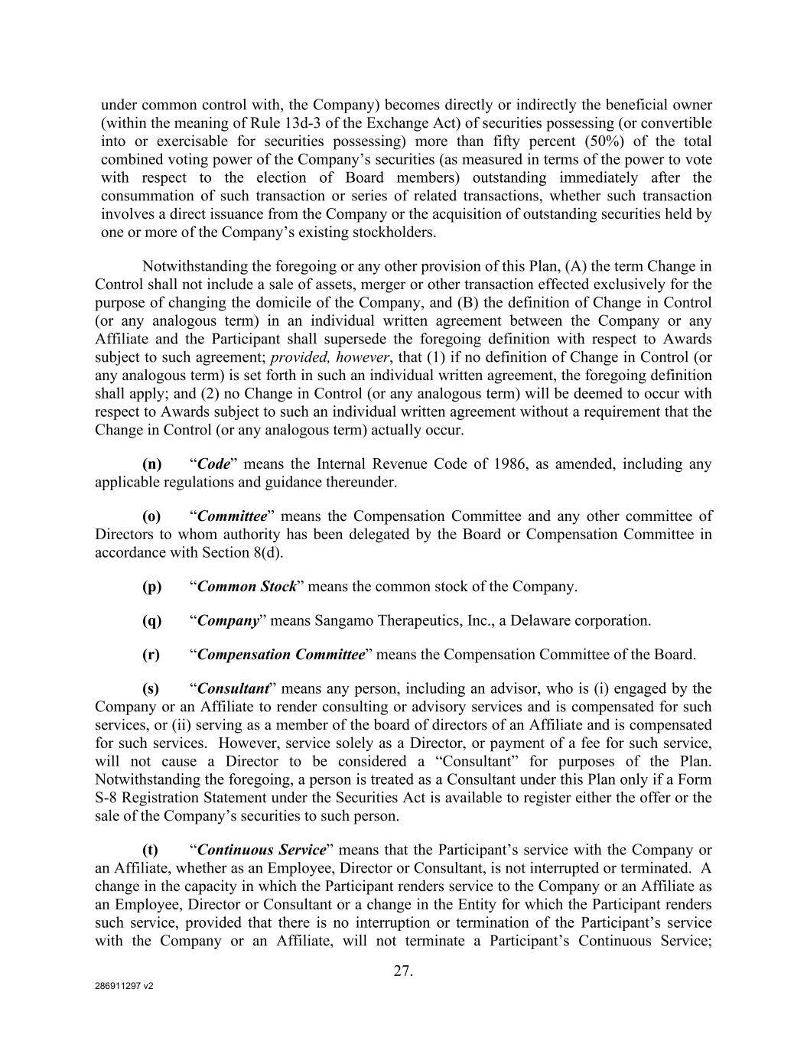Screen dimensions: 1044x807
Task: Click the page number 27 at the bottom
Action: click(403, 971)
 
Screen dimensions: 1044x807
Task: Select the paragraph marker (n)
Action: click(152, 463)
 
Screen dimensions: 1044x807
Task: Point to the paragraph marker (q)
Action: click(152, 620)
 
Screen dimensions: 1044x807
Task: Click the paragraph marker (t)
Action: click(151, 850)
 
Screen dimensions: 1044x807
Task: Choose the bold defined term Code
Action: click(213, 463)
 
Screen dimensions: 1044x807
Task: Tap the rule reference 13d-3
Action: click(308, 123)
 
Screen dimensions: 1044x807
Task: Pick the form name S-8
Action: click(106, 798)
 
